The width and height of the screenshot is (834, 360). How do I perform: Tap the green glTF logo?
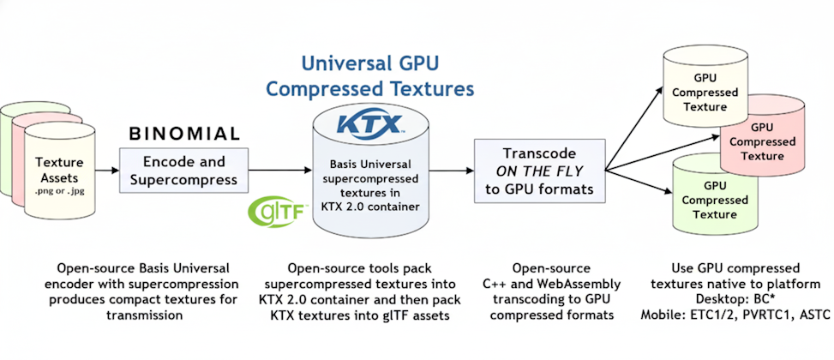pos(272,211)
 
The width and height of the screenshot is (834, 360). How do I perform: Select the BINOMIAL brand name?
pos(184,134)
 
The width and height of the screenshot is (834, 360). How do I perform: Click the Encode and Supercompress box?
pos(184,171)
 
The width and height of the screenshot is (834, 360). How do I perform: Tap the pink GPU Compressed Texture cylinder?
pos(750,146)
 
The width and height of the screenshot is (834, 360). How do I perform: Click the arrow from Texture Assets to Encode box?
pos(105,171)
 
